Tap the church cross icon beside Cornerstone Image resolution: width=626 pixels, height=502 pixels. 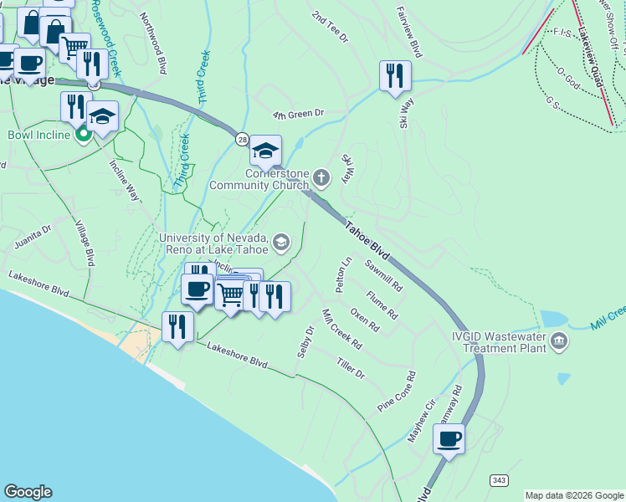[x=323, y=177]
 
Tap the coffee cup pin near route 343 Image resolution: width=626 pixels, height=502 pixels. [x=449, y=438]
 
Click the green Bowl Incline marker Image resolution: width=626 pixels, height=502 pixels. [x=83, y=134]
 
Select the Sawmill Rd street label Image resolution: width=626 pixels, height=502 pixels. [x=384, y=274]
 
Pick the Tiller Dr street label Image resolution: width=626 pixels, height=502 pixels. [x=350, y=368]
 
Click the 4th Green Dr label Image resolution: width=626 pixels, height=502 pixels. [x=298, y=113]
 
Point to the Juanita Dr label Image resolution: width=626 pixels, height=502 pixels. [x=33, y=237]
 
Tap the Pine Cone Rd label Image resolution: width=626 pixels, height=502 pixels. [x=397, y=392]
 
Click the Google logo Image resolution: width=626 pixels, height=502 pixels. [x=28, y=492]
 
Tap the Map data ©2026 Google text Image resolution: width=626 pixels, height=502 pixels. [x=573, y=495]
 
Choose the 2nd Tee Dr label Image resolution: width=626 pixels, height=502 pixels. [x=329, y=28]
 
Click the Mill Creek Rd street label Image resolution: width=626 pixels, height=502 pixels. [x=341, y=329]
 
